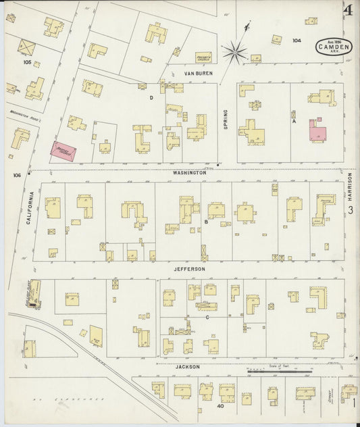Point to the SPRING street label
[226, 120]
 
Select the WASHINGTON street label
[189, 173]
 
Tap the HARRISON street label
[351, 185]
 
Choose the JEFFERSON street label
[189, 269]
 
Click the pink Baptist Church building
[64, 151]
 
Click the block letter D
[151, 98]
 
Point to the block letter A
[294, 122]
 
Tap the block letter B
[205, 221]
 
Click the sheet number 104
[297, 41]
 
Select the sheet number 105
[27, 61]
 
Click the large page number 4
[349, 11]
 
